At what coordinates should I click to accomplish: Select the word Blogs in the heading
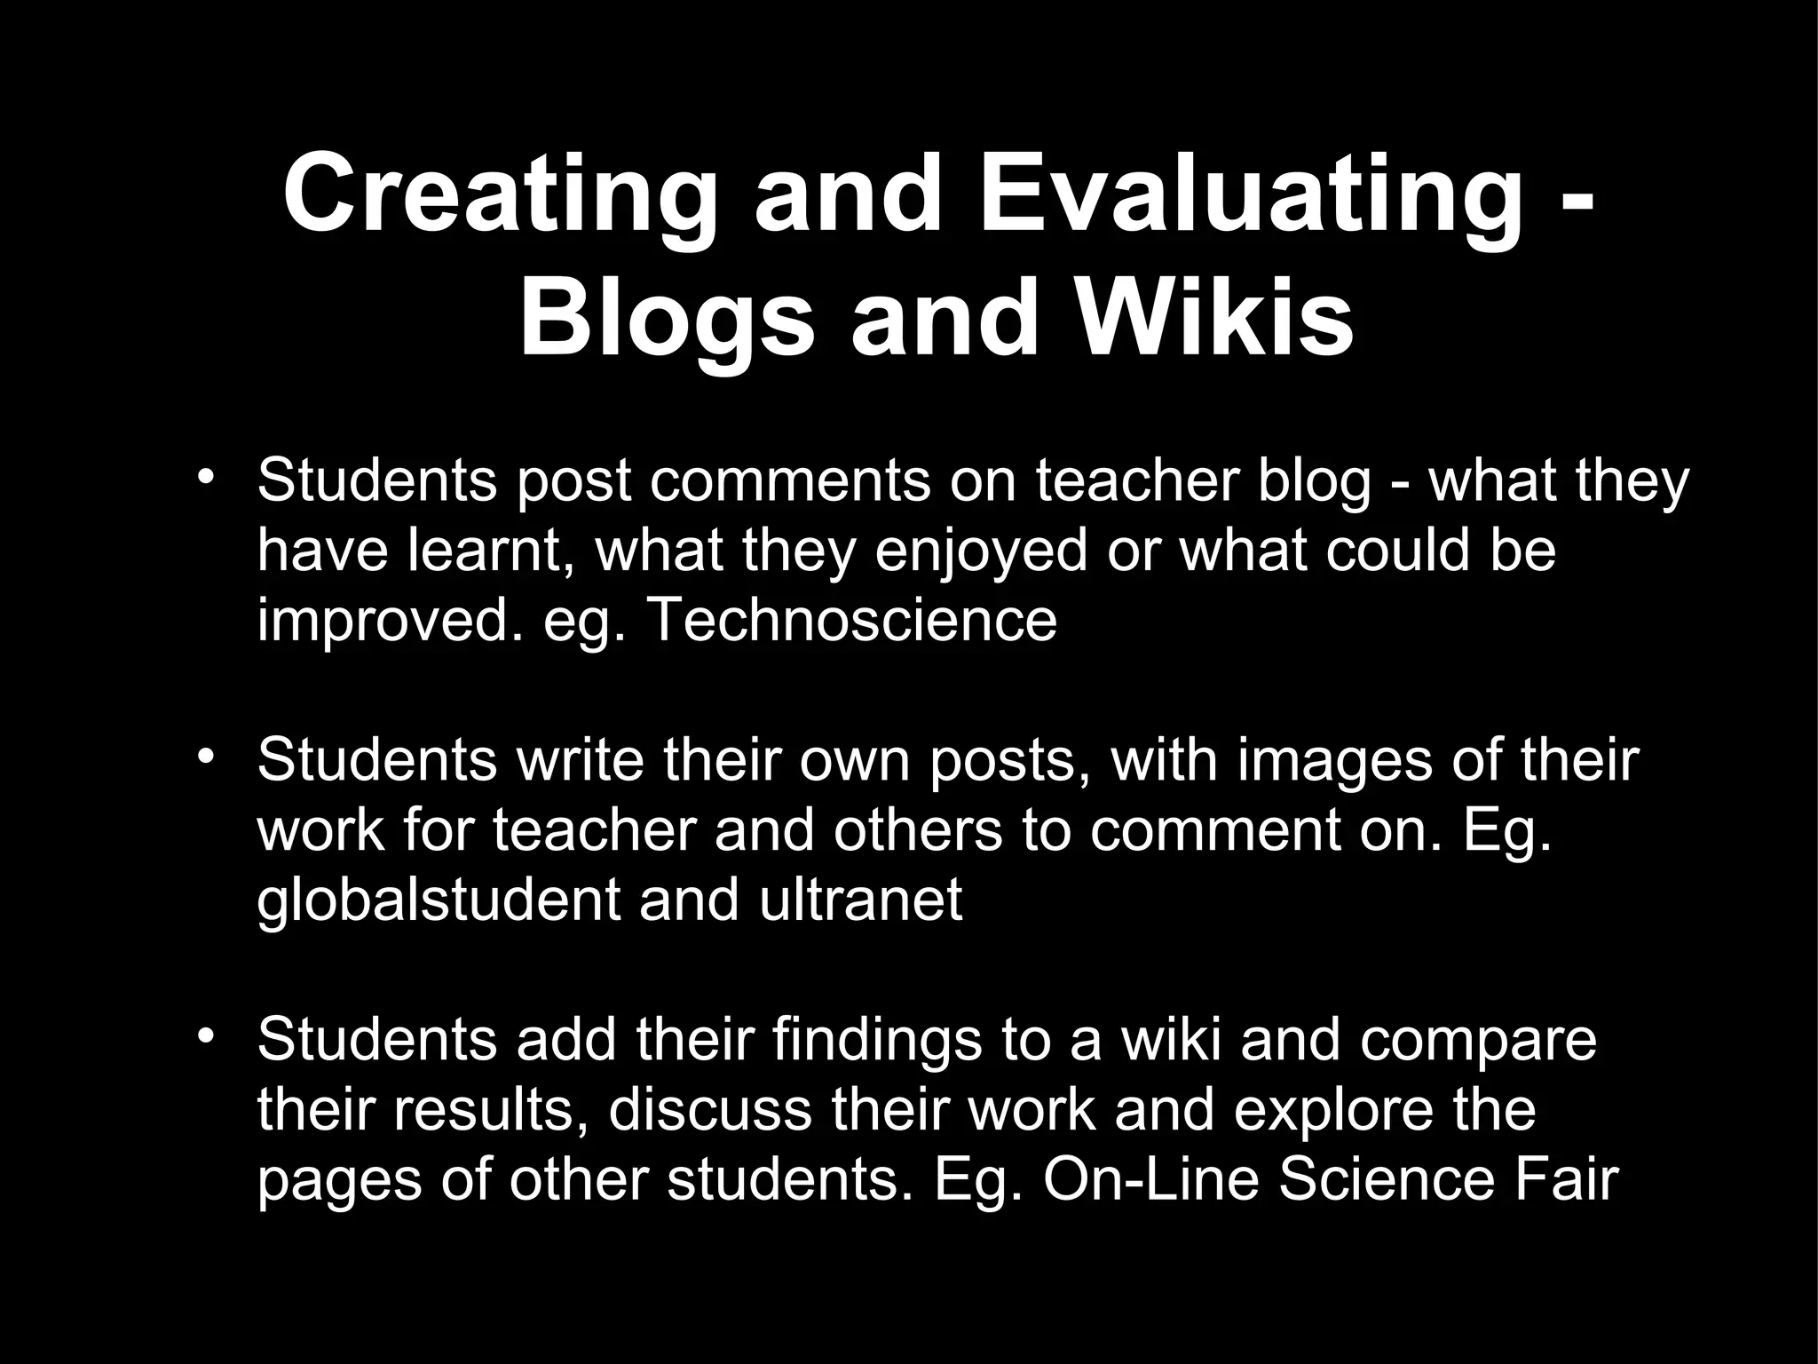pos(667,318)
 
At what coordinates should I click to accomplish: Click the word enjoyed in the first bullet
pos(981,551)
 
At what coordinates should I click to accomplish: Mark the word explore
pos(1340,1111)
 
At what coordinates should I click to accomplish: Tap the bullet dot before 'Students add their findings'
pos(206,1036)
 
